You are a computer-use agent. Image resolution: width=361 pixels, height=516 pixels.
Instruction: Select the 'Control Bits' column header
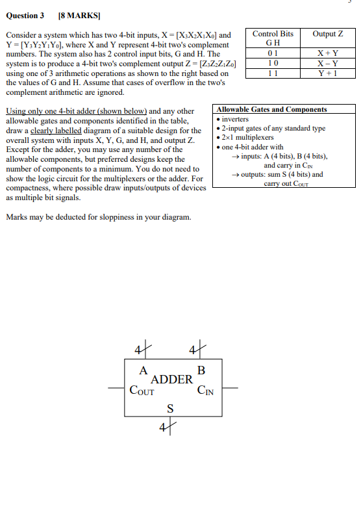point(273,34)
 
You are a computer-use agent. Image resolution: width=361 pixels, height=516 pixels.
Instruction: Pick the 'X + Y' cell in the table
point(327,54)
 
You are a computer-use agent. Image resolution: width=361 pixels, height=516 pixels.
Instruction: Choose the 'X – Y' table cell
point(327,64)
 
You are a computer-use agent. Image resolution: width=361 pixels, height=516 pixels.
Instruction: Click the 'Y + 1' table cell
point(327,73)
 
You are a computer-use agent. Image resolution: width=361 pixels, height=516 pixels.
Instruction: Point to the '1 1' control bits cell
point(273,73)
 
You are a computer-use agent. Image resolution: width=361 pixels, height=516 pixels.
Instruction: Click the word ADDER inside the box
point(171,380)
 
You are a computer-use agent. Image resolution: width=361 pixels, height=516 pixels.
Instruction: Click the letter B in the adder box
point(201,370)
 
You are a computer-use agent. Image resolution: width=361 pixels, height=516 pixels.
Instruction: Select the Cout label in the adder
point(142,391)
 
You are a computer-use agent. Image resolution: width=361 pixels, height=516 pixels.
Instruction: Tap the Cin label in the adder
point(206,391)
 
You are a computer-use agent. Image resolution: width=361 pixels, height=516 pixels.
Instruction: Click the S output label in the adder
point(171,408)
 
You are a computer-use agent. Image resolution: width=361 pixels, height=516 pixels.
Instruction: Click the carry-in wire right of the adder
point(231,389)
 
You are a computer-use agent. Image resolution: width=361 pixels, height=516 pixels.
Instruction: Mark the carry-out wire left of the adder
point(117,389)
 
